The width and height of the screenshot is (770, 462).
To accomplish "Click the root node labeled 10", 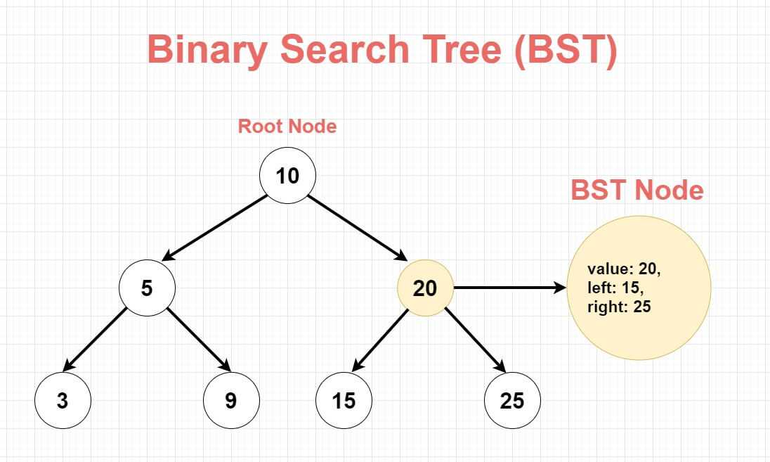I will pos(287,175).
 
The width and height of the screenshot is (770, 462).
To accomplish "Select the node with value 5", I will pos(147,288).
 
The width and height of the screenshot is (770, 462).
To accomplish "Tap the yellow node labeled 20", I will pos(425,288).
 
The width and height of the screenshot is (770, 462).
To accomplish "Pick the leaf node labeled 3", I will pos(63,400).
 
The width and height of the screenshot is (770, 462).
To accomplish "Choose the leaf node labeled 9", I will pos(231,400).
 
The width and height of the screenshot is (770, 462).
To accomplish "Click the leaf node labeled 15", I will pos(344,400).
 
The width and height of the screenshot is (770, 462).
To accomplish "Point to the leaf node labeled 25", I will pos(512,400).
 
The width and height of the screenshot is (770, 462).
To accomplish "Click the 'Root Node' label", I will pos(287,127).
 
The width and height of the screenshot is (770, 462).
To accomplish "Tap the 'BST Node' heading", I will pos(637,190).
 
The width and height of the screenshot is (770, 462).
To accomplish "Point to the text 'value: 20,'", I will pos(624,269).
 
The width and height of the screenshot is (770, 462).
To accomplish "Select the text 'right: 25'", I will pos(619,307).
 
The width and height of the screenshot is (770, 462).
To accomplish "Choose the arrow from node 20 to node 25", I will pos(475,340).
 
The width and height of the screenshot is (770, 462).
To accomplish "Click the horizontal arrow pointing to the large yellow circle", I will pos(509,288).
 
